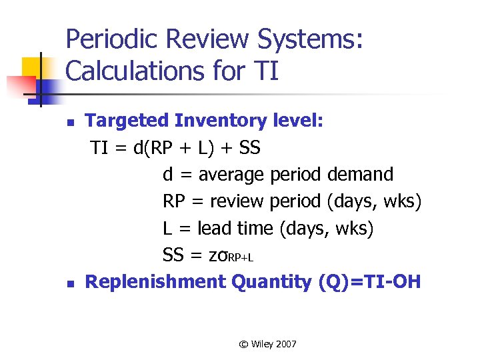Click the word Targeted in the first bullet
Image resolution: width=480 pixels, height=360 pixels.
127,121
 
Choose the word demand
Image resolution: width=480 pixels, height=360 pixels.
361,175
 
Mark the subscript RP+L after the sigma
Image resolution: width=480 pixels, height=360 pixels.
241,258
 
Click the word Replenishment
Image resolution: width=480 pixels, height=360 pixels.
156,282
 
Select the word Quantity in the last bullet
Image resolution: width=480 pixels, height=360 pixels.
271,282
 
